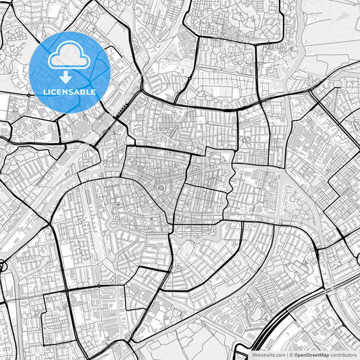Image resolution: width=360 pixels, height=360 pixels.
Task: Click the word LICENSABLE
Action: [70, 91]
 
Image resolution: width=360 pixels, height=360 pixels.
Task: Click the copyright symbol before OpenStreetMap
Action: [290, 354]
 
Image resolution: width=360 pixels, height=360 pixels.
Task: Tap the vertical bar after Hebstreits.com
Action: [286, 354]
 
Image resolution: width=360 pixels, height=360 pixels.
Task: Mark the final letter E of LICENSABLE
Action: [93, 91]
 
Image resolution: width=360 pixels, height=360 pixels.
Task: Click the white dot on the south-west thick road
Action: [100, 286]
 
